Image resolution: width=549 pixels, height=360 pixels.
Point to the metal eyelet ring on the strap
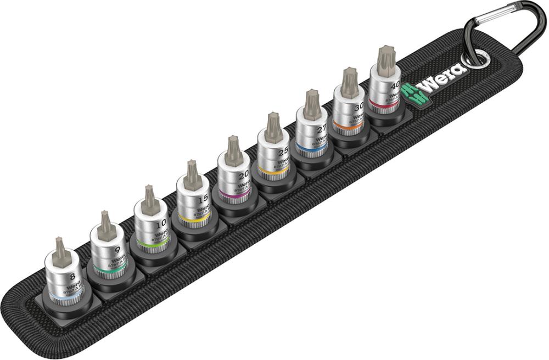point(477,59)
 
